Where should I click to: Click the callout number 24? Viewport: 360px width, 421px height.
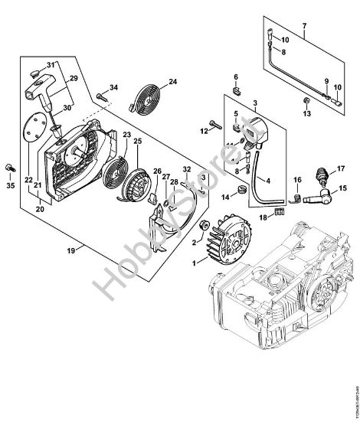[172, 81]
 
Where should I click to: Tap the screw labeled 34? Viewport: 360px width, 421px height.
[102, 95]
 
